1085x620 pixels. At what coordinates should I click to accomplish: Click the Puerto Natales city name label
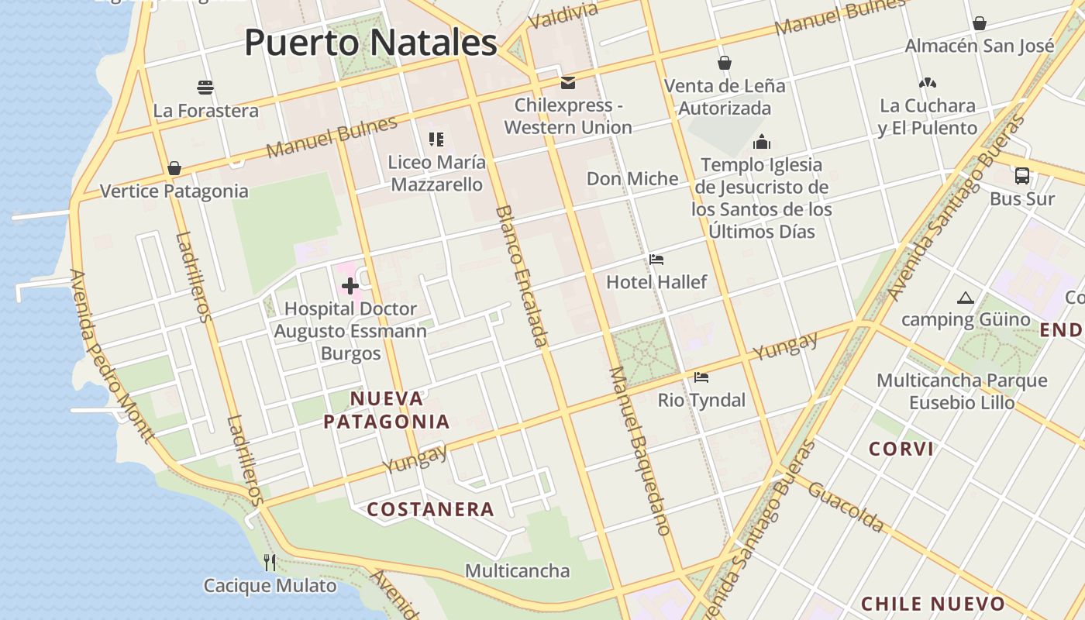(x=370, y=43)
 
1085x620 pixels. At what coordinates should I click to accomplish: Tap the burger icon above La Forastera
(x=205, y=87)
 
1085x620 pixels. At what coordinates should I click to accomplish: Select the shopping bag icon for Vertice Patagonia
(x=174, y=168)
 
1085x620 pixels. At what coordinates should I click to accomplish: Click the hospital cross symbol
(x=350, y=286)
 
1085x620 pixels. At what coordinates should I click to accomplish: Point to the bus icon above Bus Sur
(x=1022, y=176)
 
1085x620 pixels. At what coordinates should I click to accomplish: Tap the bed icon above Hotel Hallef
(x=656, y=260)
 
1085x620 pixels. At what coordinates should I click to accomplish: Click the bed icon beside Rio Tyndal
(x=701, y=377)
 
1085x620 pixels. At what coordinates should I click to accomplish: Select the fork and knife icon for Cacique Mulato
(x=270, y=562)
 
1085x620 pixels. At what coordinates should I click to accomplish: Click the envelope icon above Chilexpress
(x=568, y=82)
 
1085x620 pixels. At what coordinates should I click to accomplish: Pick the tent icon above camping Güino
(x=965, y=298)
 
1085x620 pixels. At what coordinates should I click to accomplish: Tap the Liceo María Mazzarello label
(x=437, y=174)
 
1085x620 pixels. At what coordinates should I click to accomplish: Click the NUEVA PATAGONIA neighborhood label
(x=387, y=410)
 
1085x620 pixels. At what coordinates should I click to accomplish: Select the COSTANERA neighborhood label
(x=430, y=509)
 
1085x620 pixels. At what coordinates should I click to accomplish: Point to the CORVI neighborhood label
(x=901, y=449)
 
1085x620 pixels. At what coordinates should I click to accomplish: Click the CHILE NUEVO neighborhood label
(x=933, y=604)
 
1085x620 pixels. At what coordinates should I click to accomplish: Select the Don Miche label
(x=632, y=179)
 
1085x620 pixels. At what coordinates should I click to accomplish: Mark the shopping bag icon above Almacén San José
(x=980, y=23)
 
